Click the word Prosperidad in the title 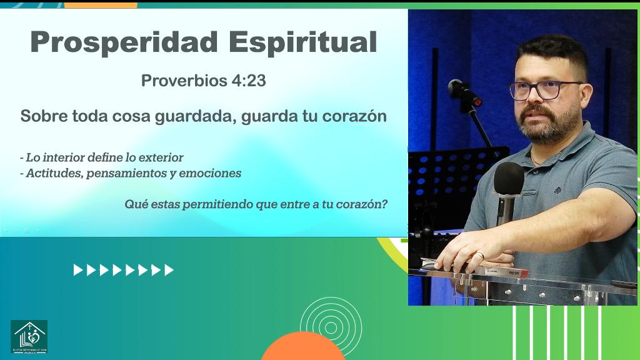124,42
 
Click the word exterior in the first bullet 160,157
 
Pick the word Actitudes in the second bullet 53,173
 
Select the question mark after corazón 384,204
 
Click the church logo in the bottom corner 29,337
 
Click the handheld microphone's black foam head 509,179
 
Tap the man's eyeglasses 544,90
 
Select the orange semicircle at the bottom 303,348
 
